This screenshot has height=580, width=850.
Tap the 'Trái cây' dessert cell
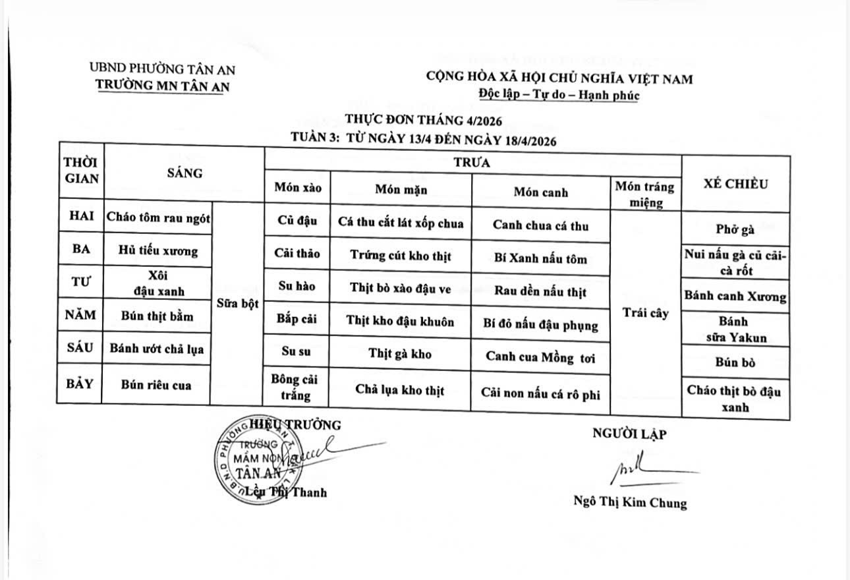click(x=646, y=313)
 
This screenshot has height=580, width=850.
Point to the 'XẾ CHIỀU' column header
click(x=735, y=185)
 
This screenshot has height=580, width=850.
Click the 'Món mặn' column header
click(x=401, y=189)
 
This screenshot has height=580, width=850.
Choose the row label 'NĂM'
click(x=80, y=315)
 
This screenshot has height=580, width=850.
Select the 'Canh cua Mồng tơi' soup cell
click(x=540, y=356)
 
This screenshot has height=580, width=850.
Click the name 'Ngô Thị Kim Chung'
click(x=629, y=502)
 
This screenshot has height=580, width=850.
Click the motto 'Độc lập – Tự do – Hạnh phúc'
click(x=559, y=95)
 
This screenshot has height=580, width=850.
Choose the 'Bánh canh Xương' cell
click(x=735, y=296)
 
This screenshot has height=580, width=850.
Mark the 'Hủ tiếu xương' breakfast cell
click(x=158, y=251)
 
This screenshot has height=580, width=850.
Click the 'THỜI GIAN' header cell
click(x=81, y=170)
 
